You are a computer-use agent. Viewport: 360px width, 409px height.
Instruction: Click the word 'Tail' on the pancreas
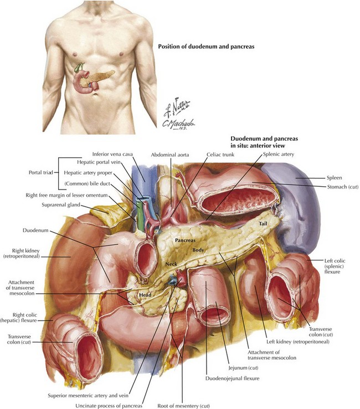pos(264,224)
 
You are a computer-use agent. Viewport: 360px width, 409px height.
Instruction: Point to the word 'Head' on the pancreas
pos(146,295)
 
